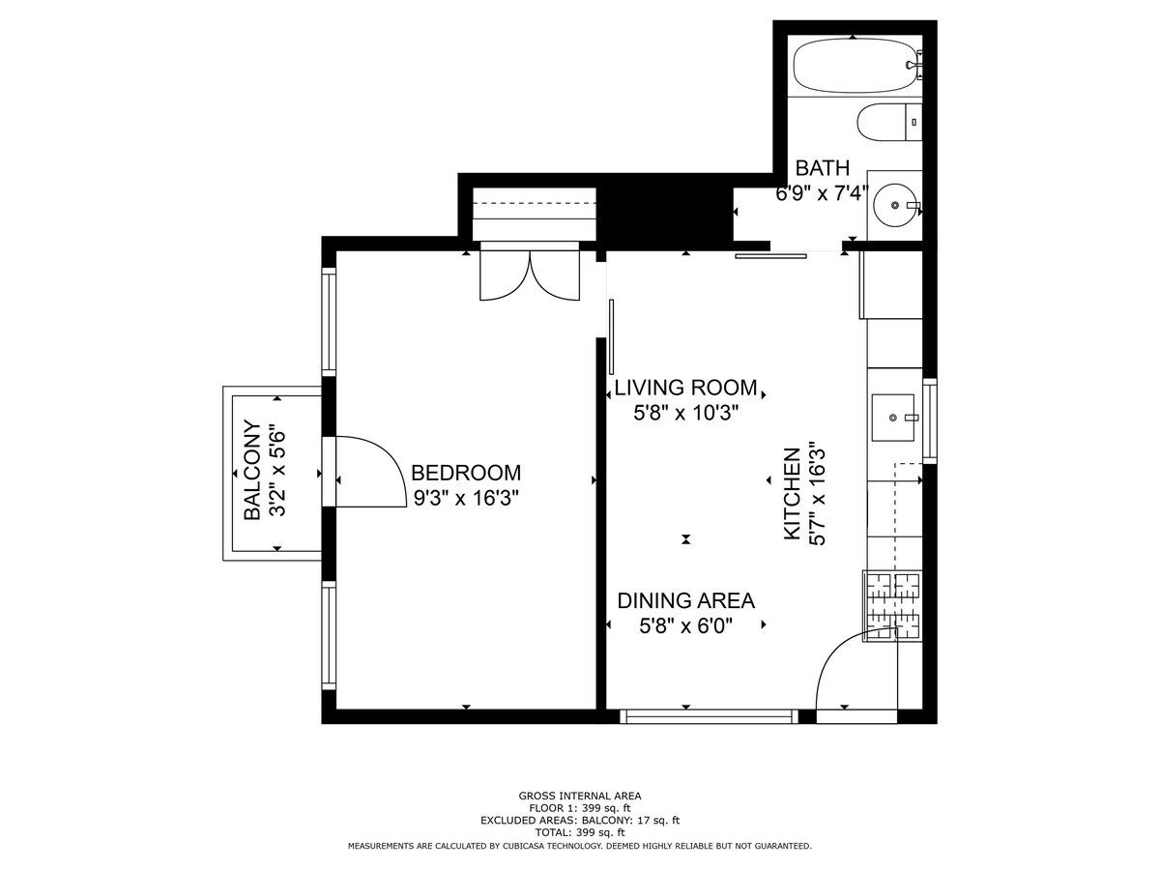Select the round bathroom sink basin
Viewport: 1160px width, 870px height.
click(x=895, y=205)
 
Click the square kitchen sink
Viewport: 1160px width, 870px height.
click(x=892, y=418)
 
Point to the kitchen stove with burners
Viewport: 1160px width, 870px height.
click(x=892, y=606)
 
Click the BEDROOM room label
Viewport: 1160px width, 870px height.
click(x=466, y=473)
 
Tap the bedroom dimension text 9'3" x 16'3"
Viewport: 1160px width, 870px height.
click(x=466, y=498)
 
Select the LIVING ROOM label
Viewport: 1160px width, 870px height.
click(x=685, y=388)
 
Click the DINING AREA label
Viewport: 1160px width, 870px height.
click(x=686, y=600)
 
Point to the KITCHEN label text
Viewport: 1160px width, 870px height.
click(x=791, y=494)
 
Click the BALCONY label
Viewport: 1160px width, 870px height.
click(x=252, y=470)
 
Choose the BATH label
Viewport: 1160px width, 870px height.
click(x=823, y=168)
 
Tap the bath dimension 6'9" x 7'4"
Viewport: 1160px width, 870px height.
click(x=823, y=194)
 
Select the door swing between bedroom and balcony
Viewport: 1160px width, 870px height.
click(x=371, y=472)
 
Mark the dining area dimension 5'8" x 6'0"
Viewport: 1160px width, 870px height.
click(x=686, y=626)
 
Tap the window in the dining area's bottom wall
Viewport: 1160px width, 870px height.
click(x=709, y=716)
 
